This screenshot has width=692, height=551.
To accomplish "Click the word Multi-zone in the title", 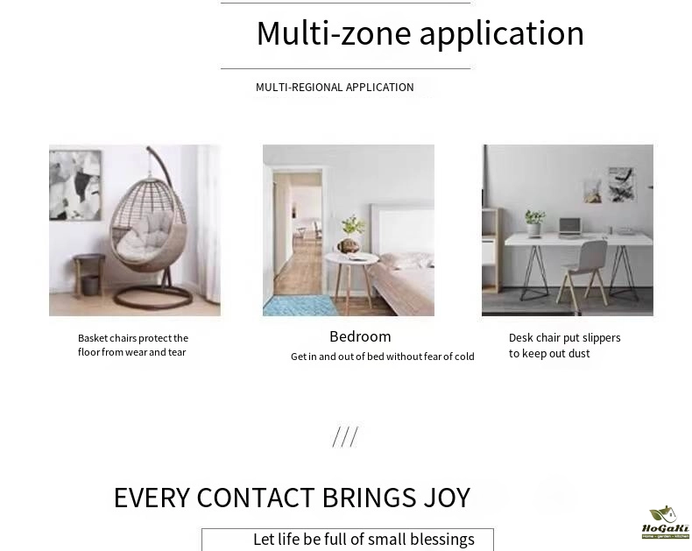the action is coord(334,33).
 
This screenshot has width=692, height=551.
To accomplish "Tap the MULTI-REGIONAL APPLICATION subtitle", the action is coord(335,88).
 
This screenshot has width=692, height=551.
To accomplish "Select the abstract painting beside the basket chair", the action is coord(75,185).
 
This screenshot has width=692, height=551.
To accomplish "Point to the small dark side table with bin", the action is coord(89,273).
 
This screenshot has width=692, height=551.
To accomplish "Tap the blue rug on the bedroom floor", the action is coord(300,306).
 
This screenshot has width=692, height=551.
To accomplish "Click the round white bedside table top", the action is coord(352,258).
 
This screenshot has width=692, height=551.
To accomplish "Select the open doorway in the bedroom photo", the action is coord(298,233).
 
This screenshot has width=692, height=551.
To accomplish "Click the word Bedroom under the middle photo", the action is coord(360,337).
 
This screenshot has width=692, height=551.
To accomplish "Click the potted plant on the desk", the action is coord(535,223).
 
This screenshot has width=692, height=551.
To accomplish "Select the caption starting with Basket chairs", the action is coord(133,345).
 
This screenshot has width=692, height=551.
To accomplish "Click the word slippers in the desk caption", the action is coord(601,338).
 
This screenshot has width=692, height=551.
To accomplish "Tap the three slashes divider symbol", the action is coord(345,437).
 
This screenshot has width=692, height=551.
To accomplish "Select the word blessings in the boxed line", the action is coord(442,540).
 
